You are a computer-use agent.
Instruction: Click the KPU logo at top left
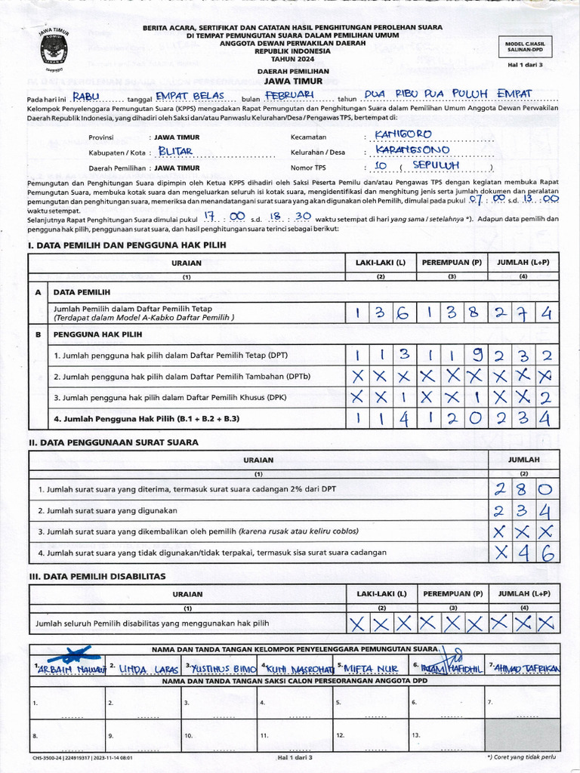pyautogui.click(x=54, y=49)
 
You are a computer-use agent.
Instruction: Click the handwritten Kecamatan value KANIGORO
pyautogui.click(x=403, y=134)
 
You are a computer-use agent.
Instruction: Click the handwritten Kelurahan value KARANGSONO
pyautogui.click(x=412, y=150)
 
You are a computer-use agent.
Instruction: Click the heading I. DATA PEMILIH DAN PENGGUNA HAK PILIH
pyautogui.click(x=126, y=245)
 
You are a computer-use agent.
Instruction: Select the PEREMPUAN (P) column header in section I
pyautogui.click(x=452, y=263)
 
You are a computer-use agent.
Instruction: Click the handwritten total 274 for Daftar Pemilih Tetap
pyautogui.click(x=523, y=313)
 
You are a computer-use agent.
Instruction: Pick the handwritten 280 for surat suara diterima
pyautogui.click(x=523, y=489)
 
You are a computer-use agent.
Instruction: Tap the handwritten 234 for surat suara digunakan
pyautogui.click(x=523, y=510)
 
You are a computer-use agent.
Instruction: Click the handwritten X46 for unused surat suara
pyautogui.click(x=523, y=553)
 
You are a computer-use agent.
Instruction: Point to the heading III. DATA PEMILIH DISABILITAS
pyautogui.click(x=97, y=576)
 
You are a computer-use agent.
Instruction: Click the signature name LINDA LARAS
pyautogui.click(x=146, y=668)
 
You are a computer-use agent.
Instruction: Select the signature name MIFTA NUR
pyautogui.click(x=369, y=668)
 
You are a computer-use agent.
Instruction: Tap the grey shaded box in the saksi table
pyautogui.click(x=523, y=734)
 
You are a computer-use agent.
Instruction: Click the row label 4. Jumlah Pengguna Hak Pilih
pyautogui.click(x=147, y=417)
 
